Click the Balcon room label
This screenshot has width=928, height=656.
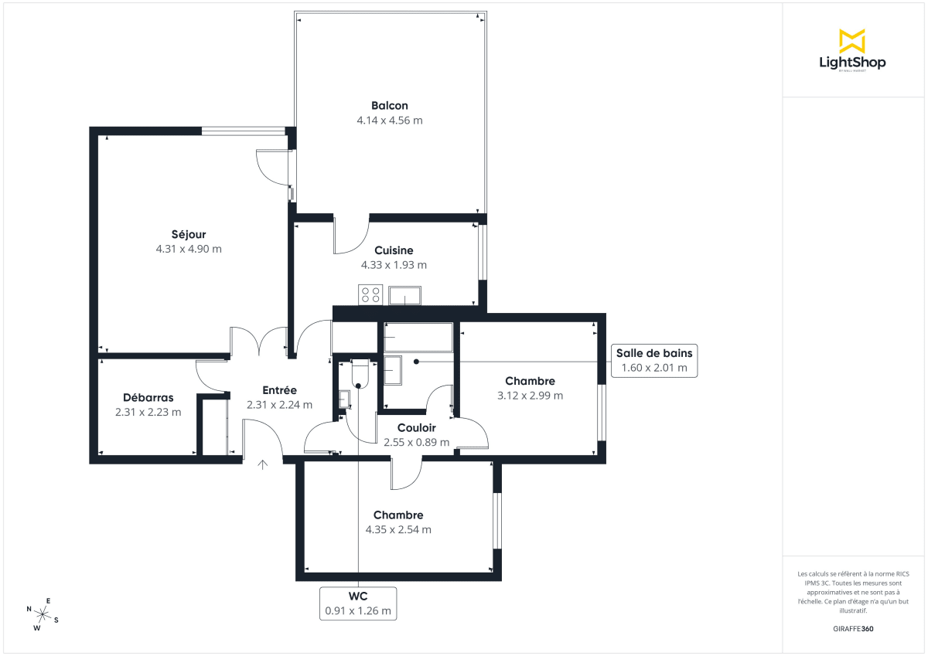pos(389,106)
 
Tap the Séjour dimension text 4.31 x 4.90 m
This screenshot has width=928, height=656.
pos(189,249)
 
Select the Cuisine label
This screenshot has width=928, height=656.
pos(394,250)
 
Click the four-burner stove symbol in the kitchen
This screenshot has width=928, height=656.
pos(370,294)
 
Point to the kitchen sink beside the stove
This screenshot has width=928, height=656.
pos(404,295)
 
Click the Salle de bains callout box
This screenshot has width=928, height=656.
pos(654,360)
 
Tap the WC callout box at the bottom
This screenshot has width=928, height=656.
pos(358,603)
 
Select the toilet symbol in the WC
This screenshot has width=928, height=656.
pos(360,374)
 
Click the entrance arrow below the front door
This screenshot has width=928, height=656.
pos(263,464)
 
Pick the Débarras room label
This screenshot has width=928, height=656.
pos(148,397)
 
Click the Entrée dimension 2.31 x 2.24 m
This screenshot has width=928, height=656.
pos(279,405)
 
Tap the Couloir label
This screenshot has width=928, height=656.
pos(416,428)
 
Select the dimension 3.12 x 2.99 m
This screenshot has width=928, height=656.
pos(530,396)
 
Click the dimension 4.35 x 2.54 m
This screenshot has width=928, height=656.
pos(398,530)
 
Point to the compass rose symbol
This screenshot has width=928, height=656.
pos(43,615)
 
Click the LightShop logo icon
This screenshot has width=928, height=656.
pos(851,41)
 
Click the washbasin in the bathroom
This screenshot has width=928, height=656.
pos(393,370)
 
